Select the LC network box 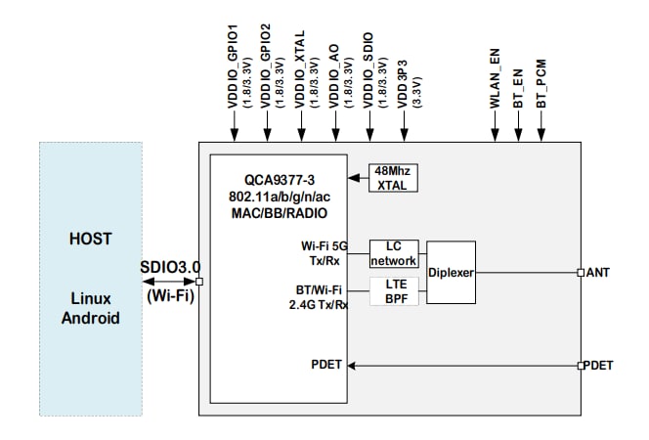pyautogui.click(x=394, y=254)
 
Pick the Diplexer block pyautogui.click(x=451, y=272)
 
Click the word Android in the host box pyautogui.click(x=90, y=318)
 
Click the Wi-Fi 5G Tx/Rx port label pyautogui.click(x=321, y=252)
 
